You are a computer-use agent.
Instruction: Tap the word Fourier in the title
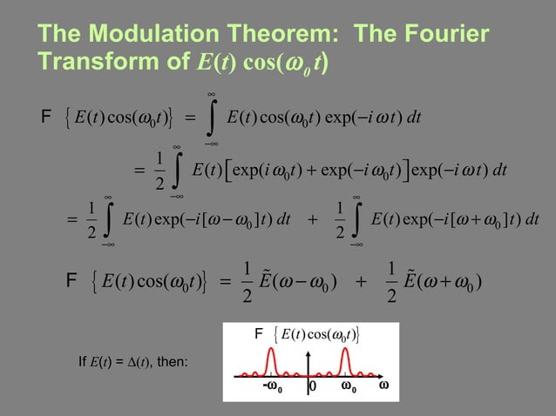coord(436,35)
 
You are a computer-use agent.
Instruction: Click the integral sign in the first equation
coord(212,116)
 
